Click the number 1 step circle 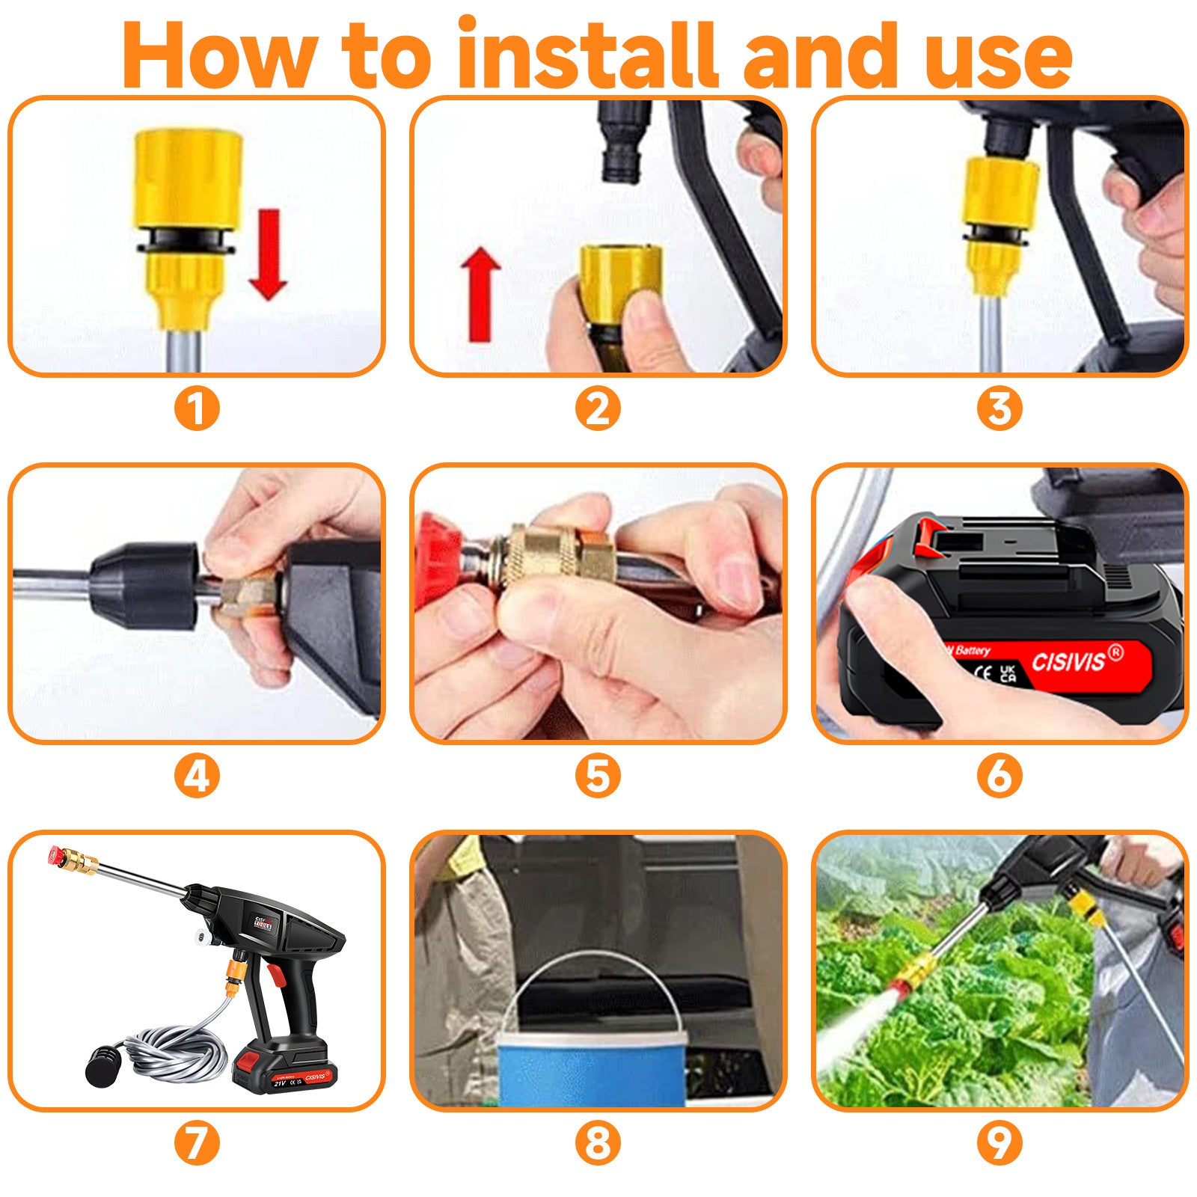[x=197, y=408]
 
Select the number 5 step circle [x=598, y=776]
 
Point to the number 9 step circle [x=999, y=1143]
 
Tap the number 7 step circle [x=197, y=1143]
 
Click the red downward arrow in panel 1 [x=268, y=254]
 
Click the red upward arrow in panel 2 [x=480, y=295]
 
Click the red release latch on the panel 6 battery [x=928, y=537]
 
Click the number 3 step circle [x=999, y=408]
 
